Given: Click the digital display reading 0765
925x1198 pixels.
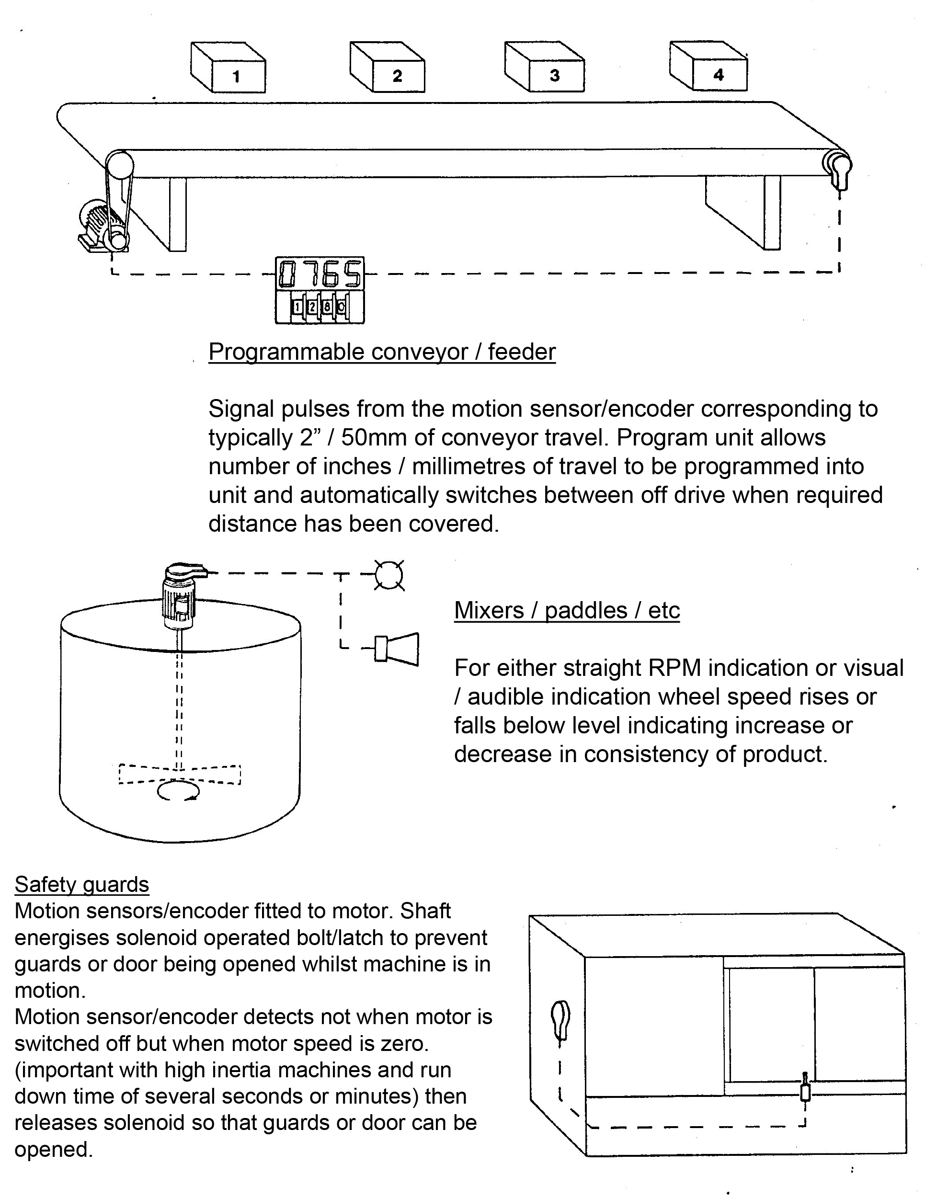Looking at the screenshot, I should pyautogui.click(x=320, y=274).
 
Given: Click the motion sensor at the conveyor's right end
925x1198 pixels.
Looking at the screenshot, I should pyautogui.click(x=839, y=170).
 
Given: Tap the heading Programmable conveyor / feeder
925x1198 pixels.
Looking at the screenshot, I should pyautogui.click(x=382, y=352).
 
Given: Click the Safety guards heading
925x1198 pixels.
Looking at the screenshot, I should pyautogui.click(x=82, y=884).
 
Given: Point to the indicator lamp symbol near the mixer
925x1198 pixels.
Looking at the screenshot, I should pyautogui.click(x=389, y=575).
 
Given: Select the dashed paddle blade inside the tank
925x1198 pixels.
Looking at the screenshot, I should pyautogui.click(x=180, y=774).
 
